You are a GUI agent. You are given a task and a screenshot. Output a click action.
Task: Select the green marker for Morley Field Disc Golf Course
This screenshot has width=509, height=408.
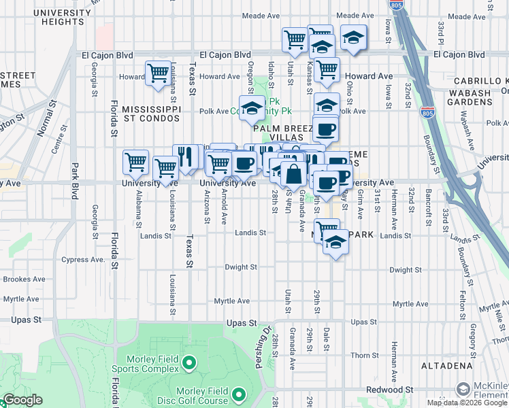tap(239, 394)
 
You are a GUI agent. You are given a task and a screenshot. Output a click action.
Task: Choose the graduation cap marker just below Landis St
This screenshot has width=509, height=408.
tap(335, 242)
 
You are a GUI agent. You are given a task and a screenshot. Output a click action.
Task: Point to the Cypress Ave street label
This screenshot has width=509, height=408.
tap(84, 260)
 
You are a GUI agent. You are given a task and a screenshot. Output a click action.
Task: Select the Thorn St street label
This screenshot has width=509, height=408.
tap(365, 356)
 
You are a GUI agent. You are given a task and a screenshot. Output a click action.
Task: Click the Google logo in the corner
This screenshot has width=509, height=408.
tap(22, 400)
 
